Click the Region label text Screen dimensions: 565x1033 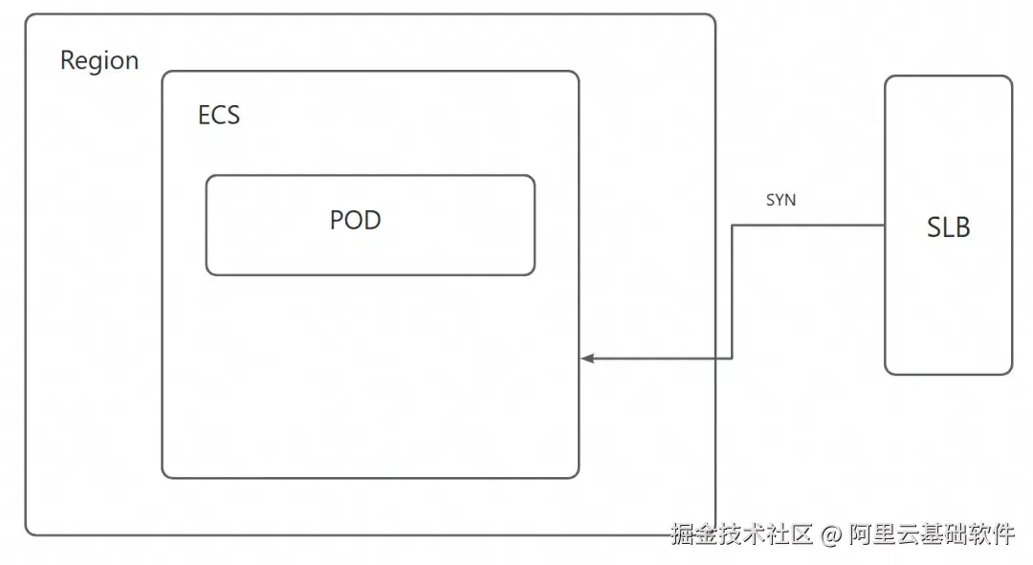(x=99, y=61)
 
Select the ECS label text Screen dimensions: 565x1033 (x=218, y=116)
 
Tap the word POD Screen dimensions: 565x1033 (x=355, y=220)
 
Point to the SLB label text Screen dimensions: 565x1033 (x=948, y=228)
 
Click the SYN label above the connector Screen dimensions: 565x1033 (x=780, y=201)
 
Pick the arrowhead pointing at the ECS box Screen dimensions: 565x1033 (x=587, y=359)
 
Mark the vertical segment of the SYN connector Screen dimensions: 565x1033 (x=733, y=292)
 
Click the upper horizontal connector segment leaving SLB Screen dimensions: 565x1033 (x=808, y=226)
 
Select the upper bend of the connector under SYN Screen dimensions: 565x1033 (x=733, y=226)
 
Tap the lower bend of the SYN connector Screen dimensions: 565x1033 (x=733, y=359)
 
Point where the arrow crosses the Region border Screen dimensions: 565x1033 (x=715, y=359)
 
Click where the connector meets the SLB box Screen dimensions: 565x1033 (x=885, y=226)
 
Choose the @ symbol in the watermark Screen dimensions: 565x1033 (x=830, y=534)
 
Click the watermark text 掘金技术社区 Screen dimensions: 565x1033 (x=741, y=534)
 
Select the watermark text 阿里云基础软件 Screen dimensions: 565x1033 (x=931, y=534)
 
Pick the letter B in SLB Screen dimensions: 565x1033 (x=961, y=228)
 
